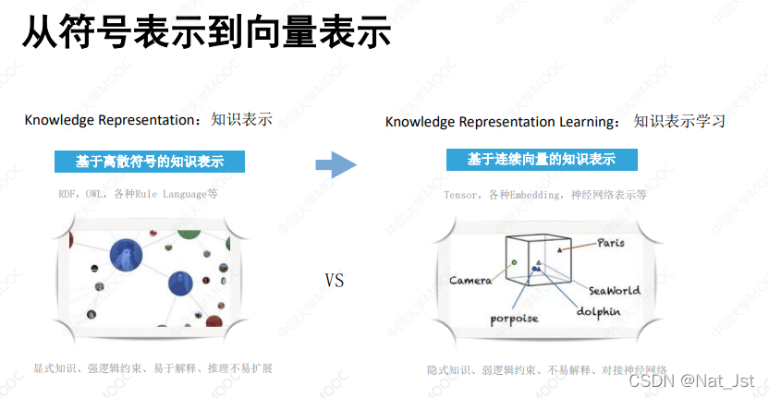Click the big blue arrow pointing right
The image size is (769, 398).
[x=336, y=165]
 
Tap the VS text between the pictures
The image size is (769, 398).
[x=334, y=280]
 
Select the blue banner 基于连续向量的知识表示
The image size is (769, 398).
[x=541, y=160]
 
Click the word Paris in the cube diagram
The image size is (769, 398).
[x=611, y=244]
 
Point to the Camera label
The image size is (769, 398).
[x=470, y=280]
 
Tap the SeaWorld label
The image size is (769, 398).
[x=614, y=290]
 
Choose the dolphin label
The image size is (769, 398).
[x=598, y=311]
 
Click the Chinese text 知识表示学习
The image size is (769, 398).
[x=679, y=122]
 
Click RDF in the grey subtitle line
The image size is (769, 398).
[x=67, y=194]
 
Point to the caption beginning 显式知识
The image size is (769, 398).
[x=153, y=368]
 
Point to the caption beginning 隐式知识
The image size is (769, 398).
[x=546, y=369]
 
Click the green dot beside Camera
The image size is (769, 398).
[x=513, y=263]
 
